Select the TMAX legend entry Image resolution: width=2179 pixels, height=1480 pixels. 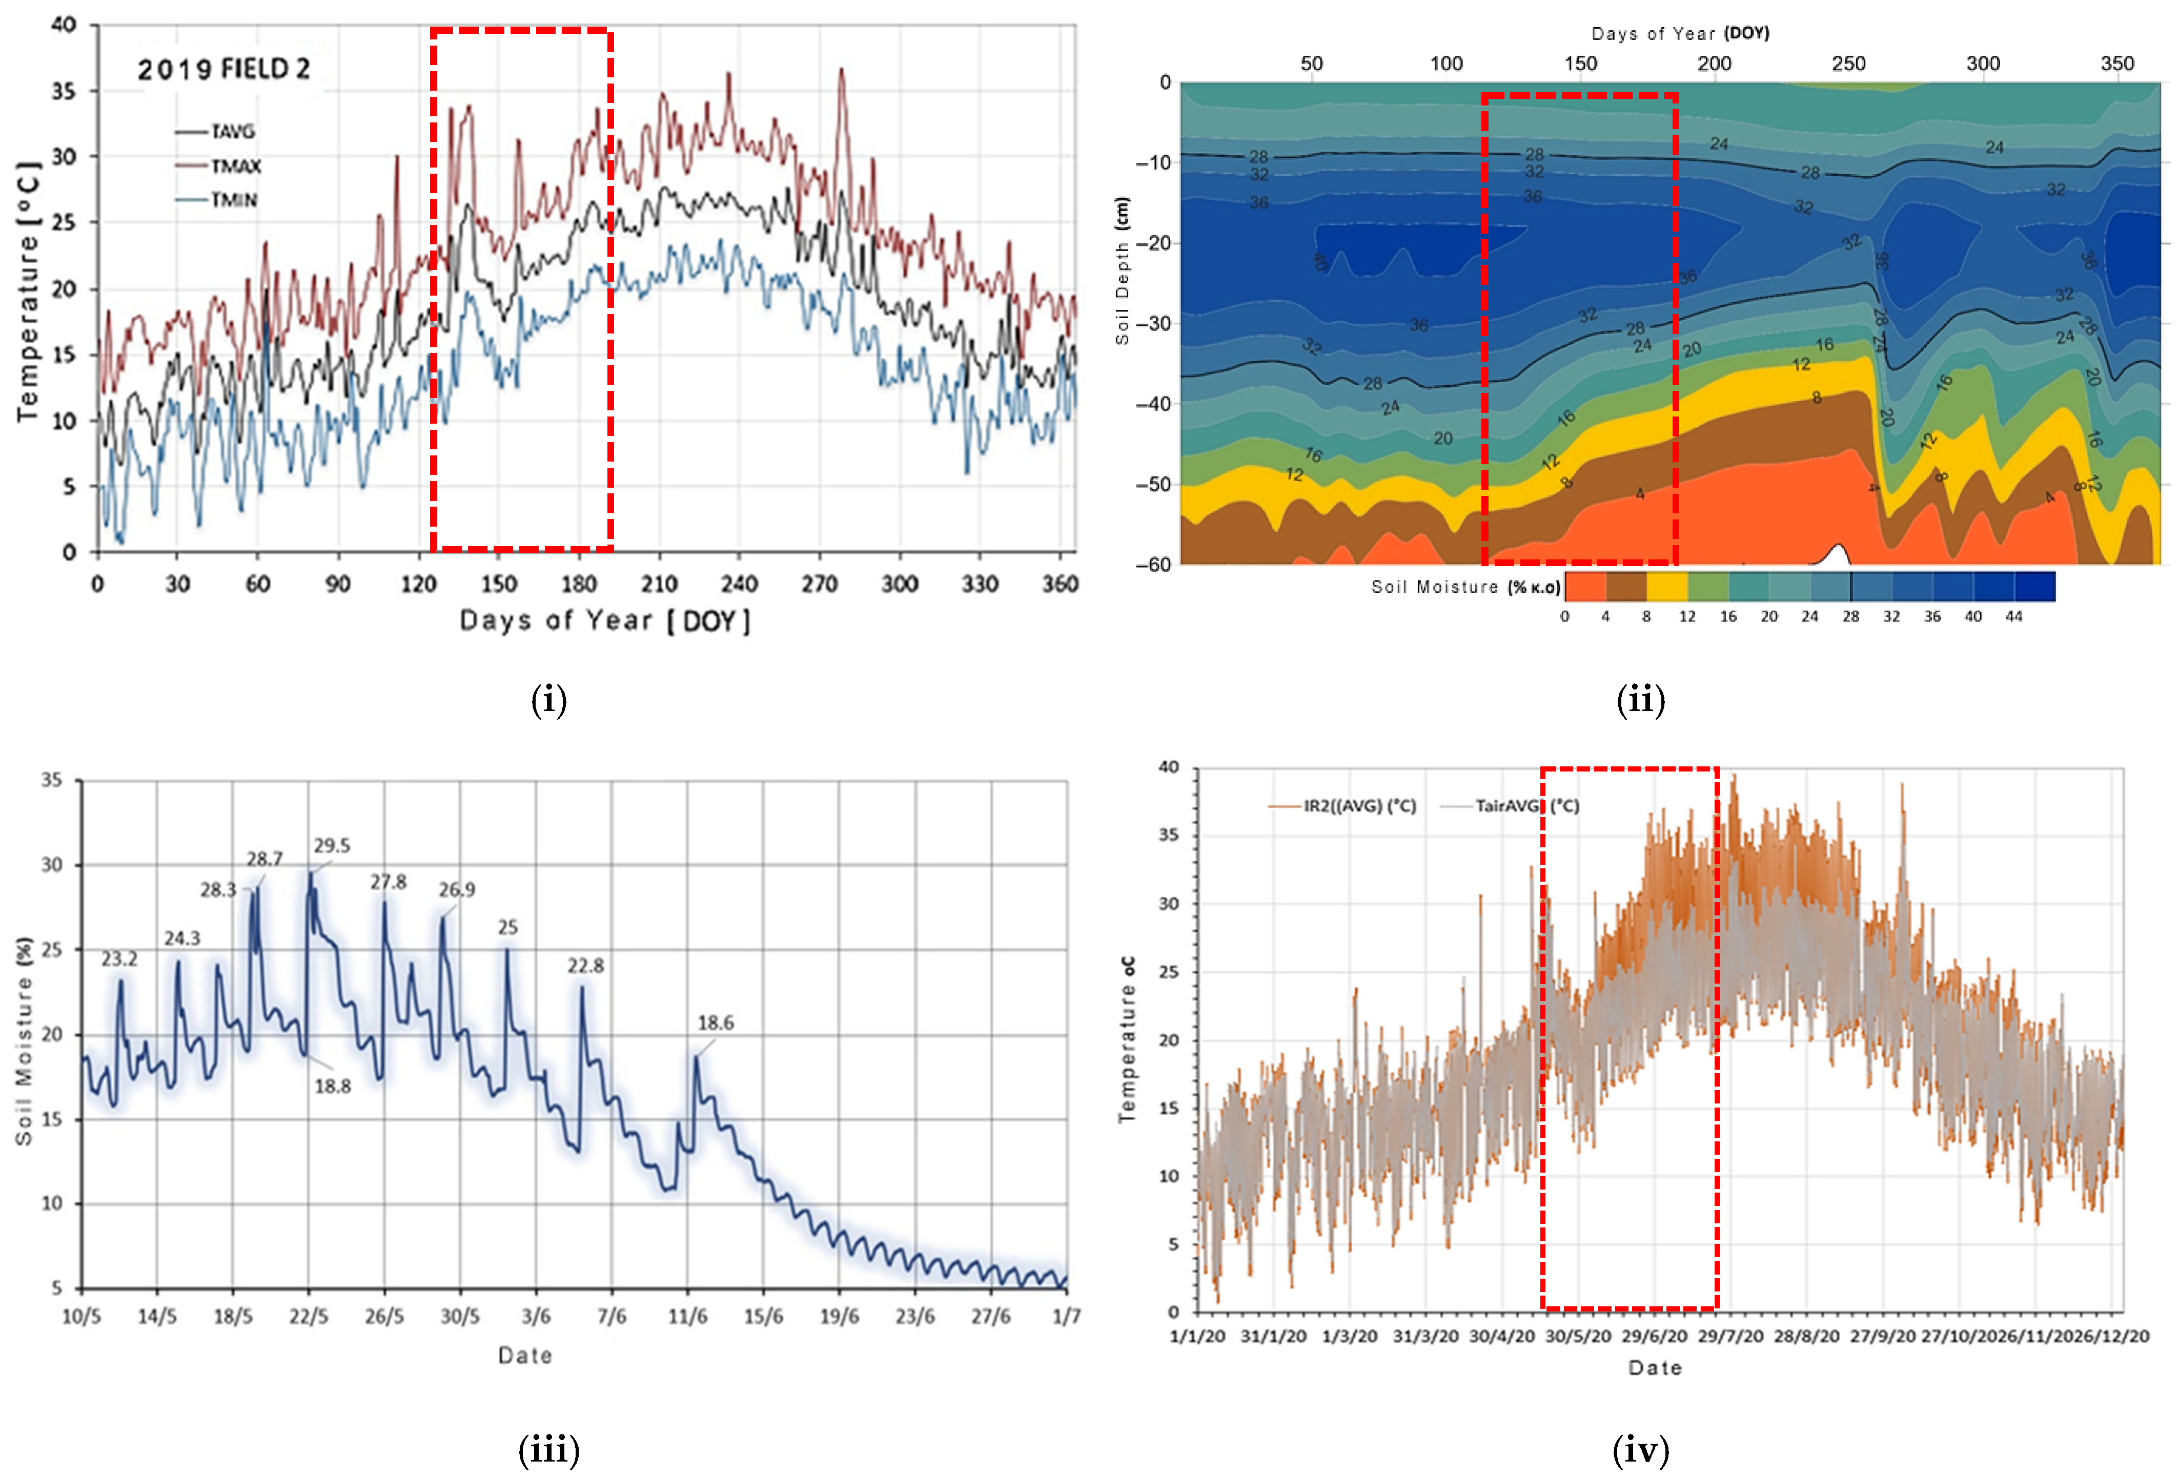(234, 166)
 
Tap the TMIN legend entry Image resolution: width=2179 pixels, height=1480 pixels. (233, 200)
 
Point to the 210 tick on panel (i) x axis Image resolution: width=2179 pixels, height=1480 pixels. (659, 584)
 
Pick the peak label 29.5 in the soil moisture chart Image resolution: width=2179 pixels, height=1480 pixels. (332, 845)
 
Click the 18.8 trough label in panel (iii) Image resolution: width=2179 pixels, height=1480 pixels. (332, 1087)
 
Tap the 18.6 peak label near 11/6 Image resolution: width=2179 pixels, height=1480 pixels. (716, 1023)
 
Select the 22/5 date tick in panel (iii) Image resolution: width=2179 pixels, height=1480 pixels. (309, 1316)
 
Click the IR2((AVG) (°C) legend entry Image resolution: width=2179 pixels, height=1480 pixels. (1358, 806)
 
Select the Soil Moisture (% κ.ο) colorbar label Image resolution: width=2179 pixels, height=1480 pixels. (1465, 587)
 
